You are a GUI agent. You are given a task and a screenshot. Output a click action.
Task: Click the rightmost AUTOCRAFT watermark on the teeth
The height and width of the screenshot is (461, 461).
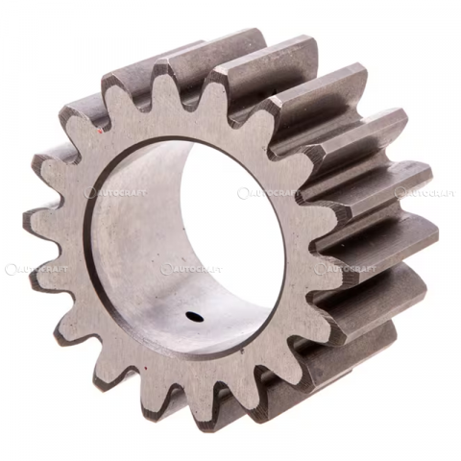pos(425,193)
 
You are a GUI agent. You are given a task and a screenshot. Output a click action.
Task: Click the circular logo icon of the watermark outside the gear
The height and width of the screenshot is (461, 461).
pos(11,270)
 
